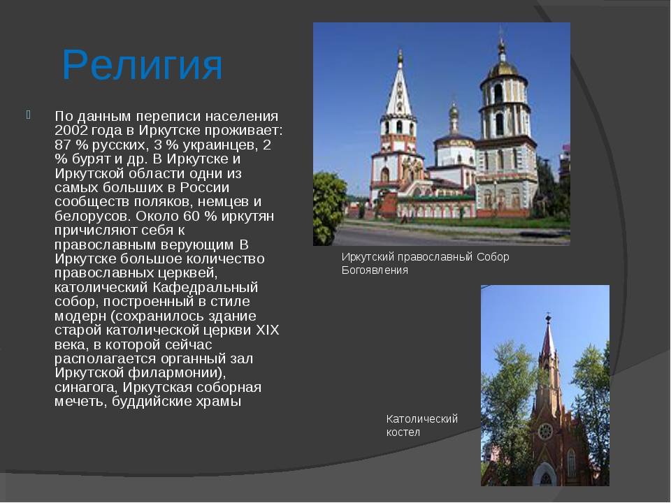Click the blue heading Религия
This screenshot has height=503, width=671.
click(x=143, y=66)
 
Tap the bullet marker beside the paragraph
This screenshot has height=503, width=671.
click(x=28, y=115)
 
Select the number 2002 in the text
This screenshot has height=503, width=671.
click(x=71, y=130)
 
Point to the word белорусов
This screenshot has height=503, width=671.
click(x=93, y=216)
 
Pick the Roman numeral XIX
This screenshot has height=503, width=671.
click(x=267, y=330)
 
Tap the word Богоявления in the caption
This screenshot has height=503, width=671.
click(x=375, y=270)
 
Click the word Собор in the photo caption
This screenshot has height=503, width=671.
click(x=493, y=256)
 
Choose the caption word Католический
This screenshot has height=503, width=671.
click(x=422, y=418)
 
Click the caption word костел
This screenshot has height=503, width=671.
click(x=403, y=432)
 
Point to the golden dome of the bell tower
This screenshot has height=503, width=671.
click(x=503, y=68)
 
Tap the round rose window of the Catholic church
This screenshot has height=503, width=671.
click(x=545, y=431)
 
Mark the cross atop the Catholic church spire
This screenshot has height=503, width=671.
click(x=548, y=319)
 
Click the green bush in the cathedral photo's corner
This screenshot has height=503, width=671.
click(x=329, y=207)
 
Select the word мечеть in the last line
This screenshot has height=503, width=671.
click(x=80, y=402)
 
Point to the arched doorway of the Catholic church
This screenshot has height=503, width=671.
click(x=546, y=475)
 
